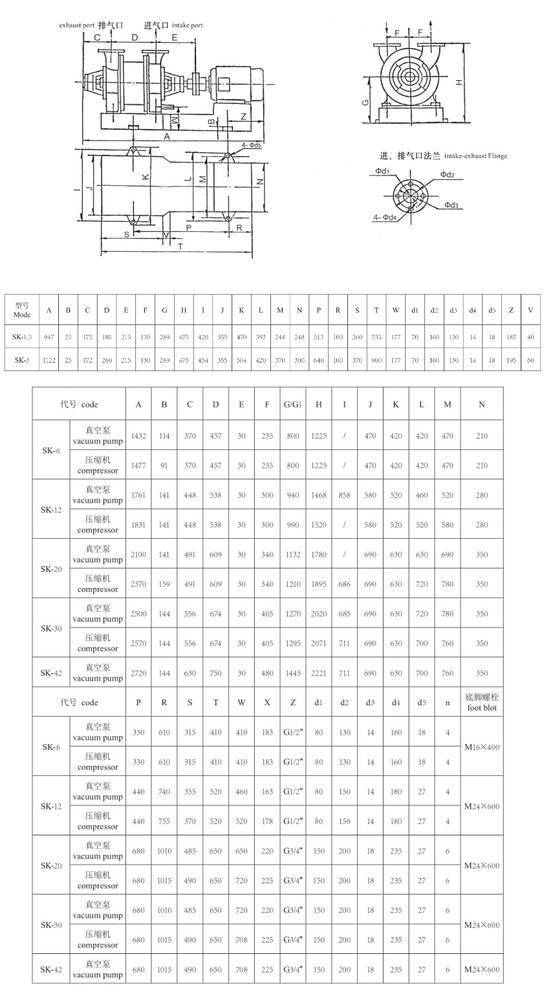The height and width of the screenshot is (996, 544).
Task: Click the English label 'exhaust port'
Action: coord(77,25)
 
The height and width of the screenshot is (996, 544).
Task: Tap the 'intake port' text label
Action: coord(187,25)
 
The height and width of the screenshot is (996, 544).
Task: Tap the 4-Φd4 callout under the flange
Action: coord(385,218)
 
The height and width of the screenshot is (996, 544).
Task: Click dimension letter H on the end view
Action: coord(458,82)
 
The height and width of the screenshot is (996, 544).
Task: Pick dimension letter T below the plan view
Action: coord(180,246)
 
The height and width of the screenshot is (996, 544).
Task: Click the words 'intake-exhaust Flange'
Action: coord(475,156)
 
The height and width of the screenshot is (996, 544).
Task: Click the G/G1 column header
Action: coord(292,405)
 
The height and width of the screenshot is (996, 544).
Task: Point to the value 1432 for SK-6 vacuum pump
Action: coord(138,436)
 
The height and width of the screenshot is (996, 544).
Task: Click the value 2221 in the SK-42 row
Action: coord(318,673)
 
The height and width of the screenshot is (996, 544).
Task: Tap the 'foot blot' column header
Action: coord(481,702)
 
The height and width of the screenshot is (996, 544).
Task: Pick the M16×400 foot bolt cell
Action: coord(482,747)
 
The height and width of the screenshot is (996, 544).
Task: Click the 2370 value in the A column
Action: coord(138,584)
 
